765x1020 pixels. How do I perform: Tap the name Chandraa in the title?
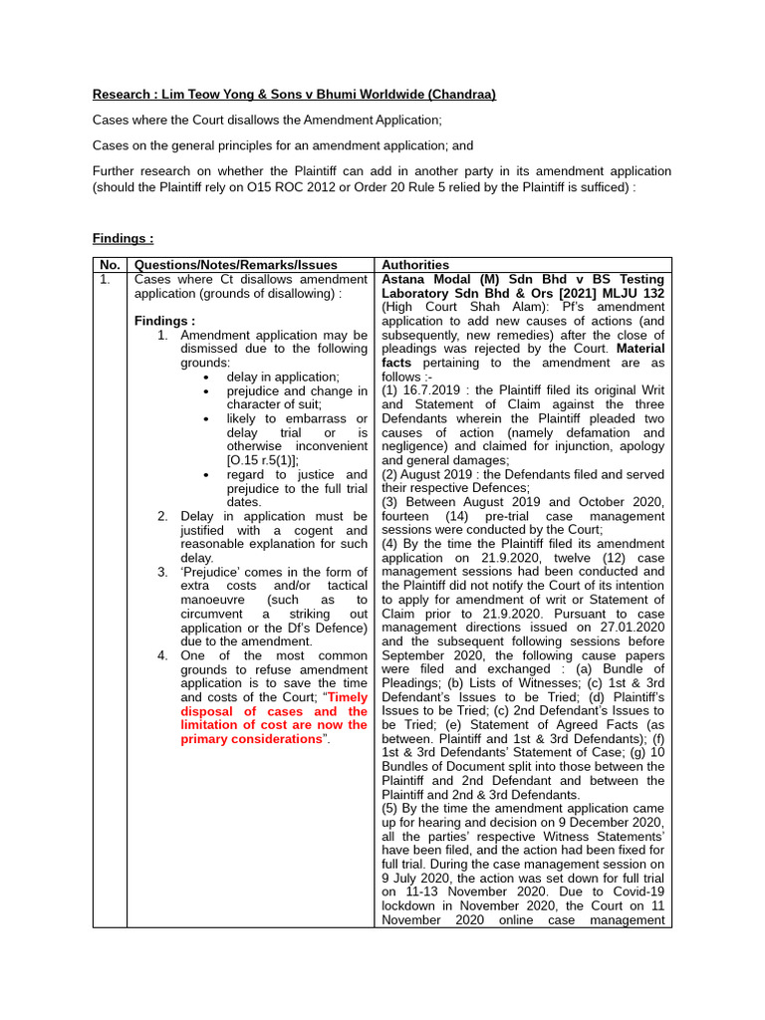(x=461, y=95)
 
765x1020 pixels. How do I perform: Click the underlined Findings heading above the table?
(x=124, y=239)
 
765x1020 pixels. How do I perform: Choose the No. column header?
(x=109, y=265)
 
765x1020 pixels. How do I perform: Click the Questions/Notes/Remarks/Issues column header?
(x=235, y=265)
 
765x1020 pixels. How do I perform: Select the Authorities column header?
(x=415, y=265)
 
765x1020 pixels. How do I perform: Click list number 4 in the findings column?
(x=162, y=655)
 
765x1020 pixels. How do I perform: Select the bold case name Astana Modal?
(x=430, y=280)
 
